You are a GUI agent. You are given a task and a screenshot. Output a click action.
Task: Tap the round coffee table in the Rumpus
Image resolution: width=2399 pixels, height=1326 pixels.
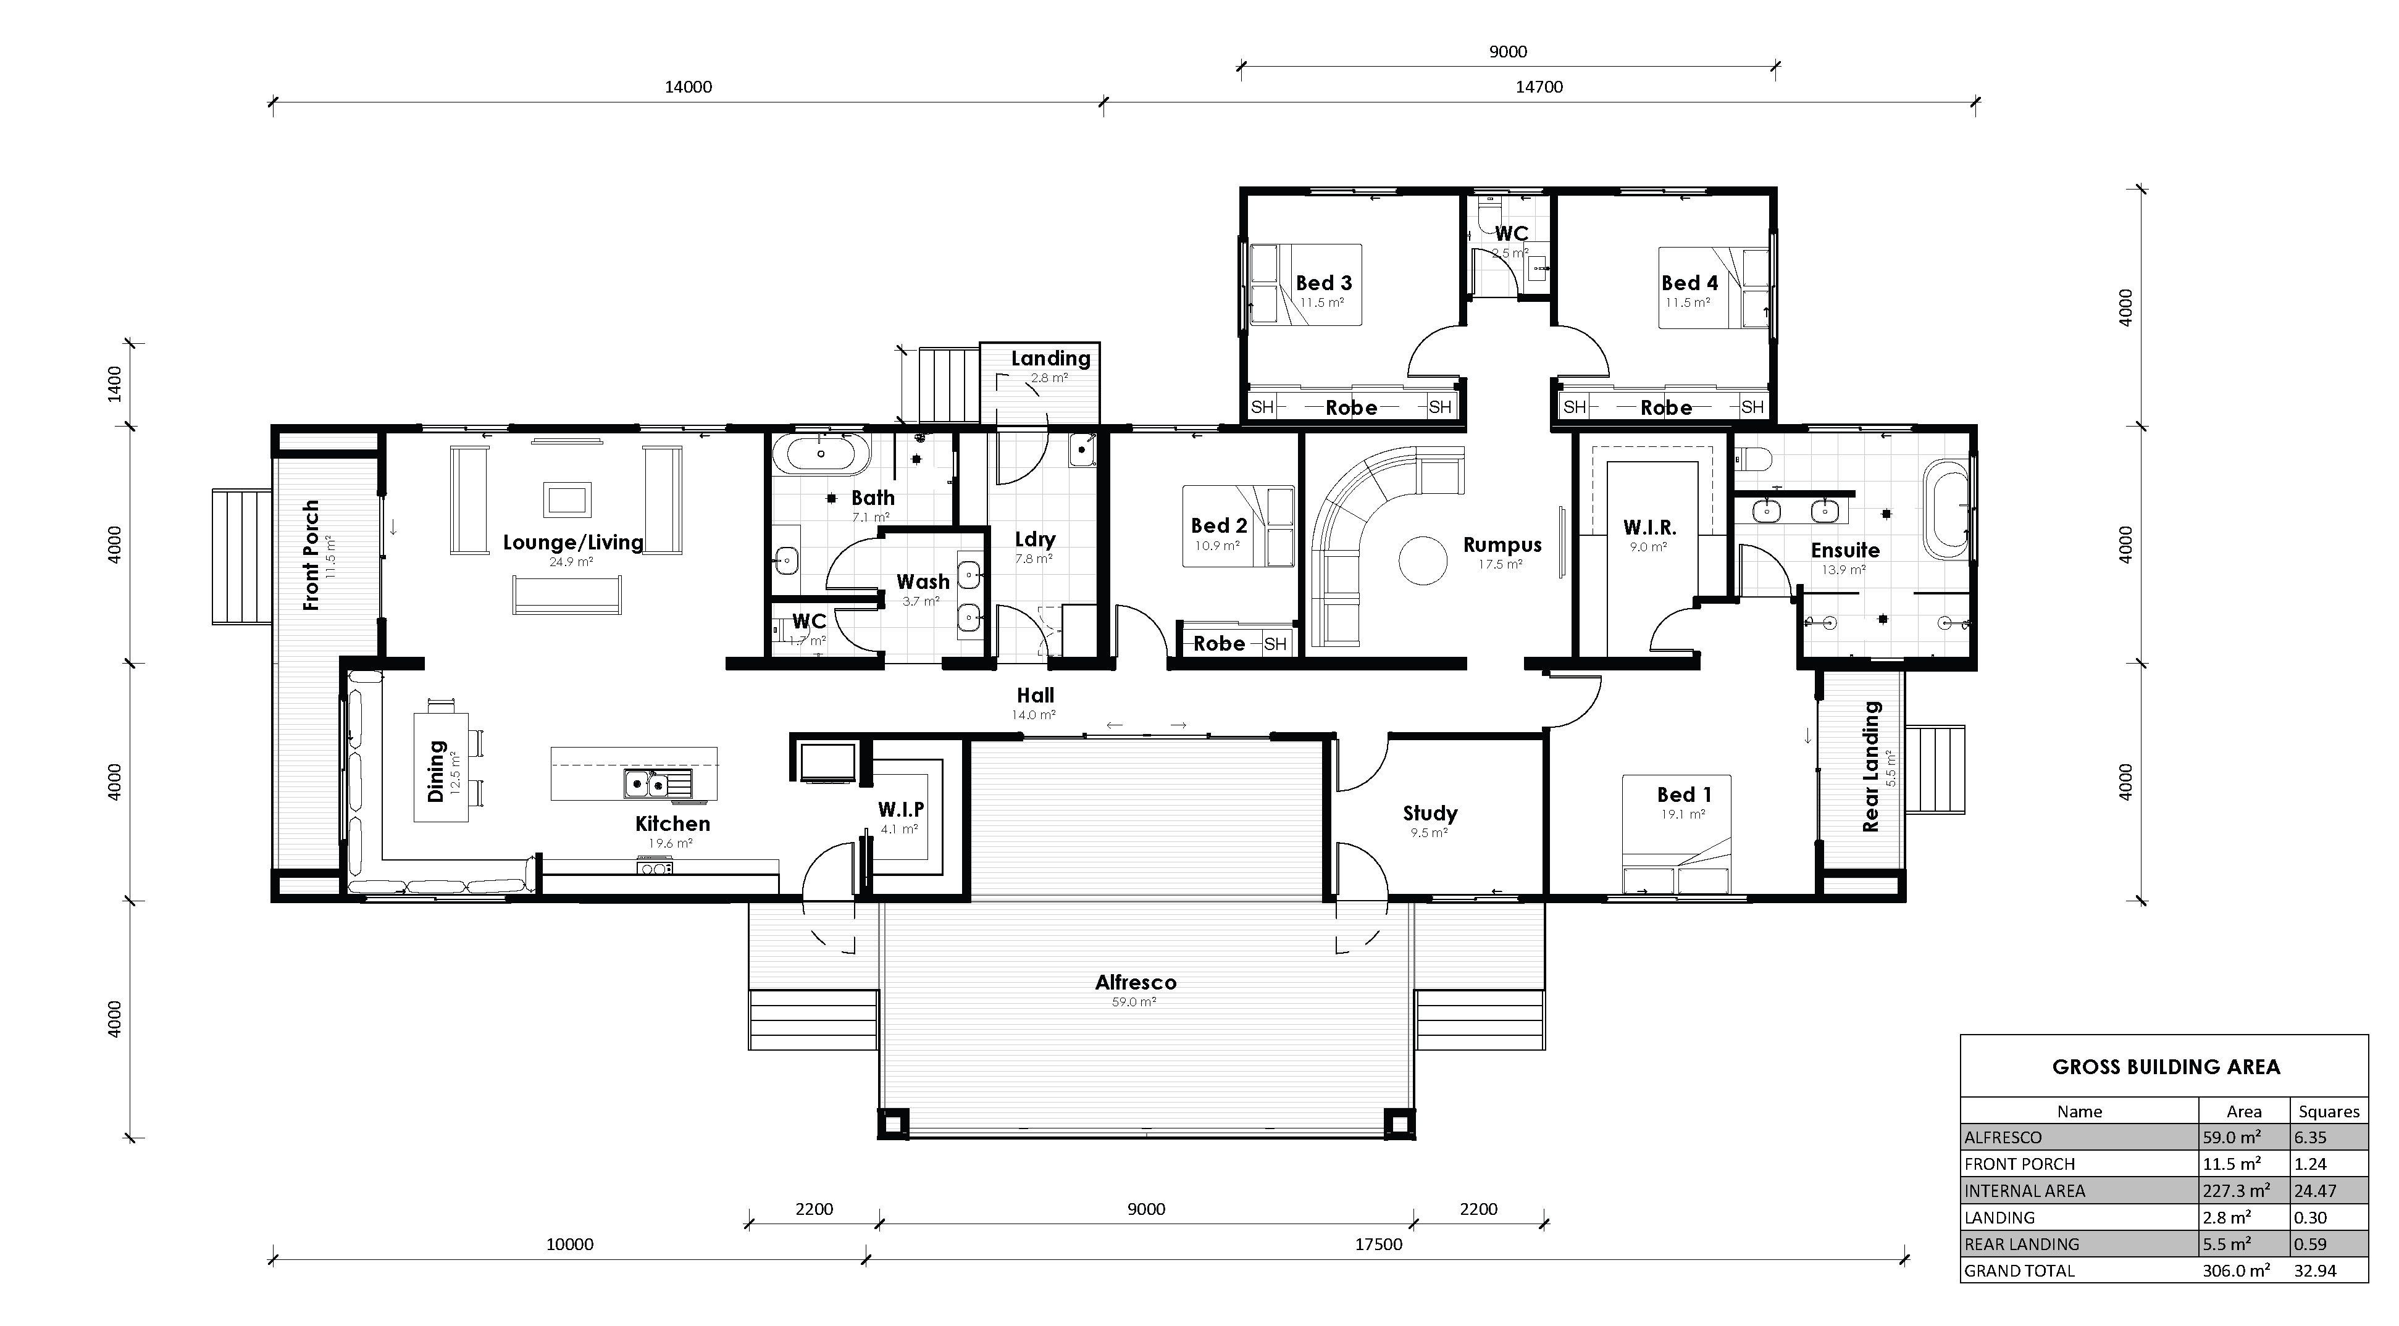click(x=1423, y=561)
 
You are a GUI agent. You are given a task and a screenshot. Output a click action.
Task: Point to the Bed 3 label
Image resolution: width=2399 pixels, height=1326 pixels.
click(x=1323, y=283)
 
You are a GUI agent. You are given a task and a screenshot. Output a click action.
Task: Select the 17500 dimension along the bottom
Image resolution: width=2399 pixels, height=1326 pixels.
click(x=1378, y=1244)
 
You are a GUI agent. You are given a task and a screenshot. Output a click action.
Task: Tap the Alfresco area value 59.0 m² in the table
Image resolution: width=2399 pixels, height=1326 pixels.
click(x=2232, y=1137)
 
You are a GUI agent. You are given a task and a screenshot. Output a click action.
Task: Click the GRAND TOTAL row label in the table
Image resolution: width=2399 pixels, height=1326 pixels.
click(x=2019, y=1270)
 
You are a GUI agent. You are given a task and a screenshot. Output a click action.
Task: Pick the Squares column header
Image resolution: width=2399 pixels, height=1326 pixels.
click(x=2328, y=1111)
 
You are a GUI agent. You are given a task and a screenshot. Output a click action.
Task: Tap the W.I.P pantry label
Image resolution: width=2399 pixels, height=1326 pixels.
click(x=900, y=809)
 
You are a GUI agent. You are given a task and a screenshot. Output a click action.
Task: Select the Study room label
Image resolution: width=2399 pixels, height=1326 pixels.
click(x=1430, y=813)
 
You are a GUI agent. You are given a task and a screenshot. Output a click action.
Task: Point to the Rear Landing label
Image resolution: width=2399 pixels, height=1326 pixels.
click(x=1870, y=765)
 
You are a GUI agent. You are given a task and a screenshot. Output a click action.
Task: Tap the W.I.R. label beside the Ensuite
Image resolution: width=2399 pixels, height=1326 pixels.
click(x=1649, y=528)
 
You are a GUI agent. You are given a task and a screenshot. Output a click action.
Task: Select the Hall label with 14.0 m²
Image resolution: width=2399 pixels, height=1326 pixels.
click(x=1035, y=696)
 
